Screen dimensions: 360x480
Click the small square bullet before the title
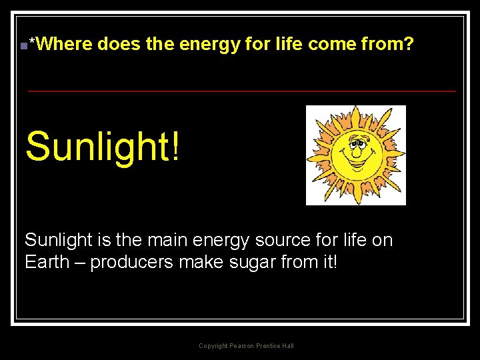click(23, 46)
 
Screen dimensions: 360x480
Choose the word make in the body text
click(201, 262)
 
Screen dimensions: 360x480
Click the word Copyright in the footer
click(213, 346)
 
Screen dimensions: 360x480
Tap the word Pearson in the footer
click(241, 346)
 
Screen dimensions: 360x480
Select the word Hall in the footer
click(287, 346)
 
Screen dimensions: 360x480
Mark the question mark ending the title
click(409, 45)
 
